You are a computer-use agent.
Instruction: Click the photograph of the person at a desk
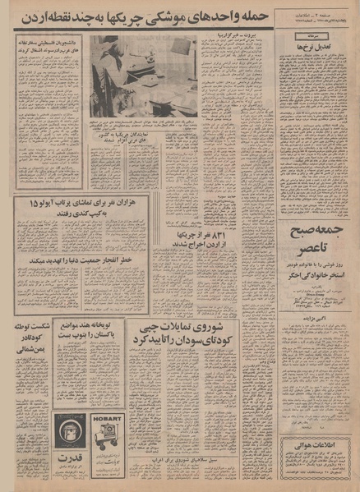point(143,75)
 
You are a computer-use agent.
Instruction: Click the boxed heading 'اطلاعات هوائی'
point(317,446)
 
